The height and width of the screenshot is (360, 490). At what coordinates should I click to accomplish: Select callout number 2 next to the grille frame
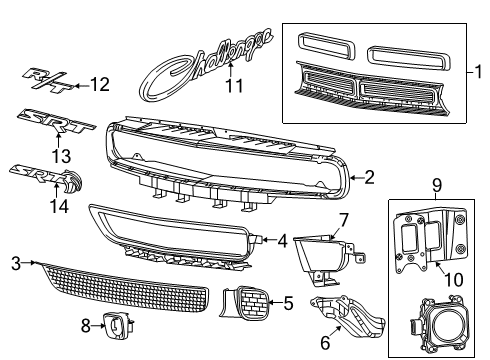(369, 177)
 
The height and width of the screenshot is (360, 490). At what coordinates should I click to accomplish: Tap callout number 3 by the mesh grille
(14, 262)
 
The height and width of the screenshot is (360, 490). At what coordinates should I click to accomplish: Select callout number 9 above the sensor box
(436, 185)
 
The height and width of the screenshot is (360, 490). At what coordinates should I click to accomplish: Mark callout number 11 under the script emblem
(234, 87)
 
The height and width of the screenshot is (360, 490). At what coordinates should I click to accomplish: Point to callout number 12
(100, 84)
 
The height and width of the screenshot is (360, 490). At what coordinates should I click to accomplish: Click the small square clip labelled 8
(121, 324)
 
